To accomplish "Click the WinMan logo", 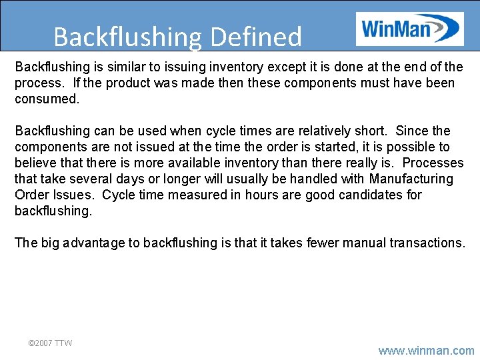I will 409,29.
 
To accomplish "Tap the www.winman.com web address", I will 426,350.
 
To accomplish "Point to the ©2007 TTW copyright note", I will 50,343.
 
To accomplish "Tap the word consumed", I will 47,99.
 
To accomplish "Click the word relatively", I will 312,131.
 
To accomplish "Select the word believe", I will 36,163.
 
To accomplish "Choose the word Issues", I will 74,195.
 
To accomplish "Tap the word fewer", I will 323,243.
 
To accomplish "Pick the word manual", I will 366,243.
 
